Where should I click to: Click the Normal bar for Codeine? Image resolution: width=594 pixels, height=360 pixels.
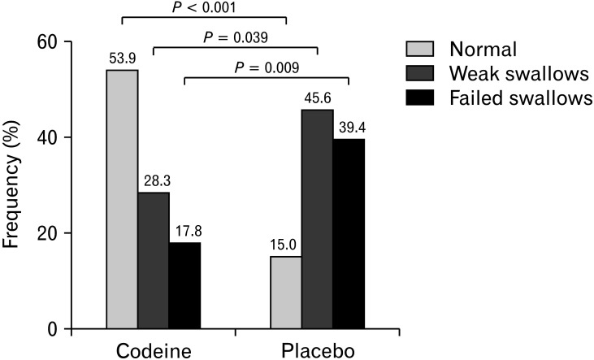(122, 199)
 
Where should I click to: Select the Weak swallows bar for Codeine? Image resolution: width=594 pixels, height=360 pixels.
(154, 260)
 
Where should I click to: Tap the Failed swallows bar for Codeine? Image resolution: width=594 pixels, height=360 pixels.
(185, 285)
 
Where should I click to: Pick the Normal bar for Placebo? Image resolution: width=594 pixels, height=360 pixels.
(286, 293)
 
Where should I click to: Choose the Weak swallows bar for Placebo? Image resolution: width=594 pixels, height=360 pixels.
(318, 219)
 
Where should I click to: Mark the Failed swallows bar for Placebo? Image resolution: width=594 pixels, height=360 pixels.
(349, 234)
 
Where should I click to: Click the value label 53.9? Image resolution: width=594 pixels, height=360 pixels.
(123, 59)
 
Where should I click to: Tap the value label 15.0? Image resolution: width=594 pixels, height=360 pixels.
(283, 245)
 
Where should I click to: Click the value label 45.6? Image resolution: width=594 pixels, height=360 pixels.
(318, 98)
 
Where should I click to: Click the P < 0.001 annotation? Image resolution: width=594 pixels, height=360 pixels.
(204, 7)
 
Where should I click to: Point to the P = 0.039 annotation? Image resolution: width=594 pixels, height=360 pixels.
(236, 37)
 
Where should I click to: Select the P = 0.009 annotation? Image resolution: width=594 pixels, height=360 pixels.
(267, 67)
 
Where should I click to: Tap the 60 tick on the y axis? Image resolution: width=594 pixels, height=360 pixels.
(67, 41)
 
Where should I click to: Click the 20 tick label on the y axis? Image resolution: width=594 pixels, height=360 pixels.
(47, 233)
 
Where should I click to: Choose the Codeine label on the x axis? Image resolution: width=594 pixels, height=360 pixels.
(154, 351)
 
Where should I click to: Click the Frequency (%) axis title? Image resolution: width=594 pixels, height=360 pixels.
(11, 184)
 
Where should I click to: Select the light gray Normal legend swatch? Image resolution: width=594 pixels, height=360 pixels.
(420, 50)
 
